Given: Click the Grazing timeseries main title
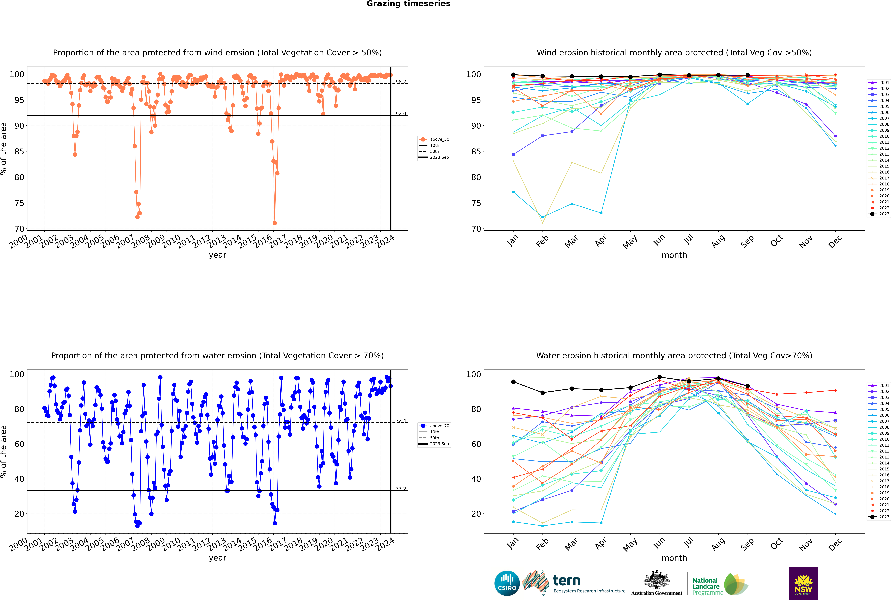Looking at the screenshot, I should (x=408, y=4).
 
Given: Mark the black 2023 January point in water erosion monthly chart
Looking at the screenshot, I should (x=513, y=382).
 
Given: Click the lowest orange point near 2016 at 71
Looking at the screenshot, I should (x=275, y=223).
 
